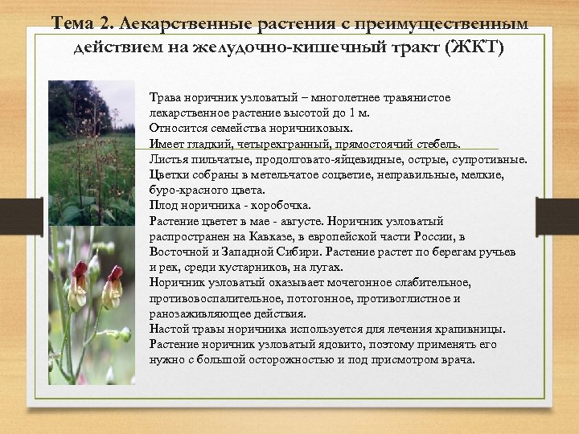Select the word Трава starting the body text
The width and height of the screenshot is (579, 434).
tap(166, 97)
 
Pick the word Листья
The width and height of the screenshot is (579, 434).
tap(168, 160)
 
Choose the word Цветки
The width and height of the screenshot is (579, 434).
tap(169, 175)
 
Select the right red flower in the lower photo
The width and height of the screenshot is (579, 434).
tap(113, 287)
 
